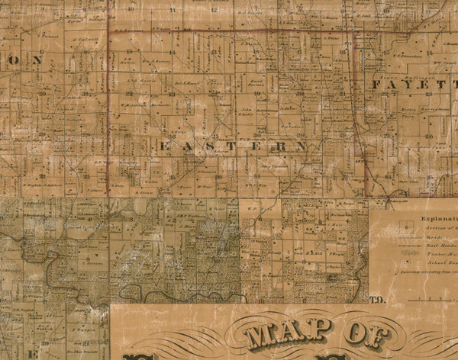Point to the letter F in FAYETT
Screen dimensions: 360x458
(378, 85)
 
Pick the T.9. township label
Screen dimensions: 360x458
(375, 300)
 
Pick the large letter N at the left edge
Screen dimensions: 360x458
(34, 60)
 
